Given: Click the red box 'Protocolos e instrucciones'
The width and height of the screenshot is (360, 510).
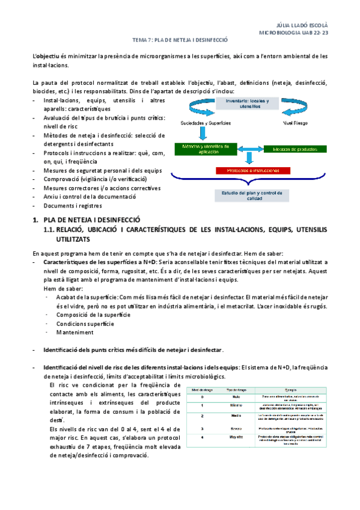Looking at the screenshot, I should (249, 171).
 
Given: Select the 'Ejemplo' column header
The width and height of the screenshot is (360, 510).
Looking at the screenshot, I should (294, 390).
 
